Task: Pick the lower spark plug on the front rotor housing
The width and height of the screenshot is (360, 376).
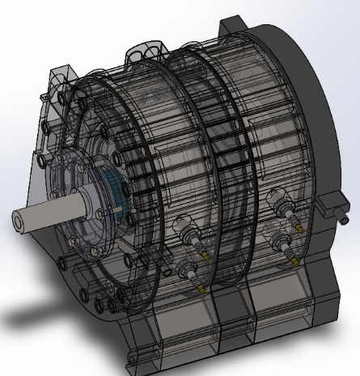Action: coord(192,272)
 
